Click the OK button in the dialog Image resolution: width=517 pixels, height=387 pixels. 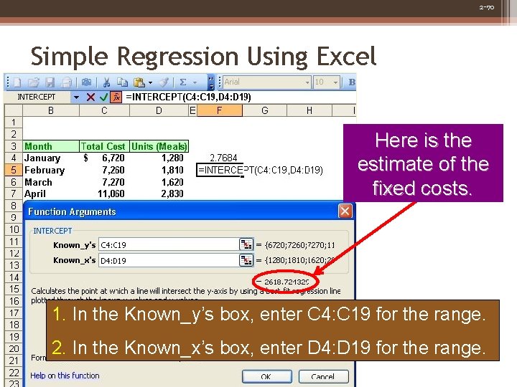click(266, 376)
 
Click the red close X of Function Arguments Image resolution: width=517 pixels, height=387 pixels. click(345, 211)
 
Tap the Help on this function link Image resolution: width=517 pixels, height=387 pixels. click(65, 376)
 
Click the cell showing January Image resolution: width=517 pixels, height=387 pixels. click(42, 158)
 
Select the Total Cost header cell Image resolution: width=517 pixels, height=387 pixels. click(103, 146)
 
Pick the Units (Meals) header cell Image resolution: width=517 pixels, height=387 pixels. click(159, 146)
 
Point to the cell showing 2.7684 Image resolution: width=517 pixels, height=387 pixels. click(223, 158)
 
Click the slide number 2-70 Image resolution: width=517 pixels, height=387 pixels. click(486, 7)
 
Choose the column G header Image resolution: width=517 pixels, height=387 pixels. click(265, 111)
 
